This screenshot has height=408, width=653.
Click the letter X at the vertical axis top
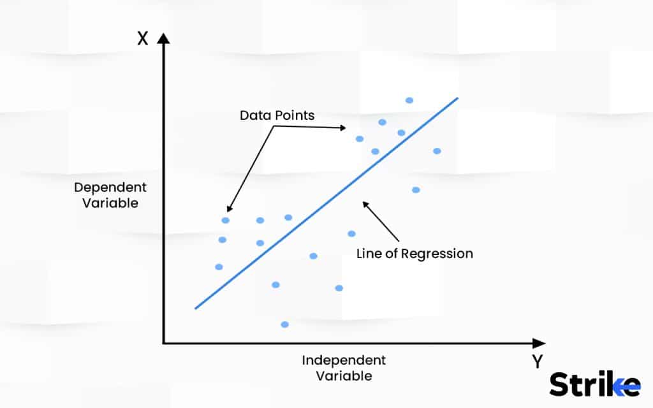[142, 38]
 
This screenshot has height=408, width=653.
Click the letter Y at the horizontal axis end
[537, 361]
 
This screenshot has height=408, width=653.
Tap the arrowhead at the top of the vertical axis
[163, 38]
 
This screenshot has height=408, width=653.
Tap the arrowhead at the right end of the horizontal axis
[539, 344]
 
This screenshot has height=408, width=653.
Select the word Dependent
[110, 188]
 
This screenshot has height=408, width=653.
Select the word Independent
[344, 360]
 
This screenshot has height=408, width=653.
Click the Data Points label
[277, 115]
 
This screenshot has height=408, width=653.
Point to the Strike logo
[595, 384]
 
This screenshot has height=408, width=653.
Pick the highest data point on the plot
[409, 100]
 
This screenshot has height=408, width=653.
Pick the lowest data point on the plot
[285, 324]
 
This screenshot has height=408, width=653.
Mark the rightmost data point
[437, 151]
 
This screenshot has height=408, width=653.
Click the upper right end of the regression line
[458, 98]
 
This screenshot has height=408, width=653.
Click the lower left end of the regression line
[195, 308]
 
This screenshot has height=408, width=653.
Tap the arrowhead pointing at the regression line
[365, 205]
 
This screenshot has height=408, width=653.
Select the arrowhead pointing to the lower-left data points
[230, 208]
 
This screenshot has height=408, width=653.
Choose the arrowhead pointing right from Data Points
[342, 127]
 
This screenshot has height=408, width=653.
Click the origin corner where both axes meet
[163, 344]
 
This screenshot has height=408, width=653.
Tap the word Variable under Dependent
[110, 203]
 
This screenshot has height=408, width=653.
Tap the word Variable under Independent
[344, 376]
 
